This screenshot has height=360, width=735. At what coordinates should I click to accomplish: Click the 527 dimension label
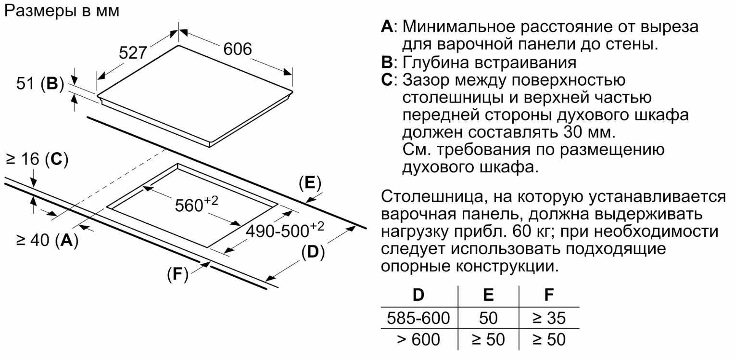pyautogui.click(x=132, y=52)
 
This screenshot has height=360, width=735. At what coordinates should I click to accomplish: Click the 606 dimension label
pyautogui.click(x=237, y=49)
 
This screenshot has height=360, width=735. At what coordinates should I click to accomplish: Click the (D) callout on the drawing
pyautogui.click(x=313, y=252)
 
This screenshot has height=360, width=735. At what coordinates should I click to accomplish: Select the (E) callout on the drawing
pyautogui.click(x=309, y=183)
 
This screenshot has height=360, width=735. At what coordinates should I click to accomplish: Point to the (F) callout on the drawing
pyautogui.click(x=177, y=275)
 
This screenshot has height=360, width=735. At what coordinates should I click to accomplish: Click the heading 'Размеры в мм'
pyautogui.click(x=61, y=12)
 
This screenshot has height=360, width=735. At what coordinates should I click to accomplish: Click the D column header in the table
pyautogui.click(x=418, y=295)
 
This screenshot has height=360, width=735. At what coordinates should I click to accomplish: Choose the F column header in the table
pyautogui.click(x=549, y=295)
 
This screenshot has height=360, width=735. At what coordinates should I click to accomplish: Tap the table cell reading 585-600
pyautogui.click(x=418, y=318)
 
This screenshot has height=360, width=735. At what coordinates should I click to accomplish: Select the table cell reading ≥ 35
pyautogui.click(x=549, y=318)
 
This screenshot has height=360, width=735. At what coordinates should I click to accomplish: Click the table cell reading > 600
pyautogui.click(x=418, y=340)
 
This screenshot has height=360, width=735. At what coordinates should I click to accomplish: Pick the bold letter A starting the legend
pyautogui.click(x=387, y=26)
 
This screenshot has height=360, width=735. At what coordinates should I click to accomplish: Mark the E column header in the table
pyautogui.click(x=488, y=295)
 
